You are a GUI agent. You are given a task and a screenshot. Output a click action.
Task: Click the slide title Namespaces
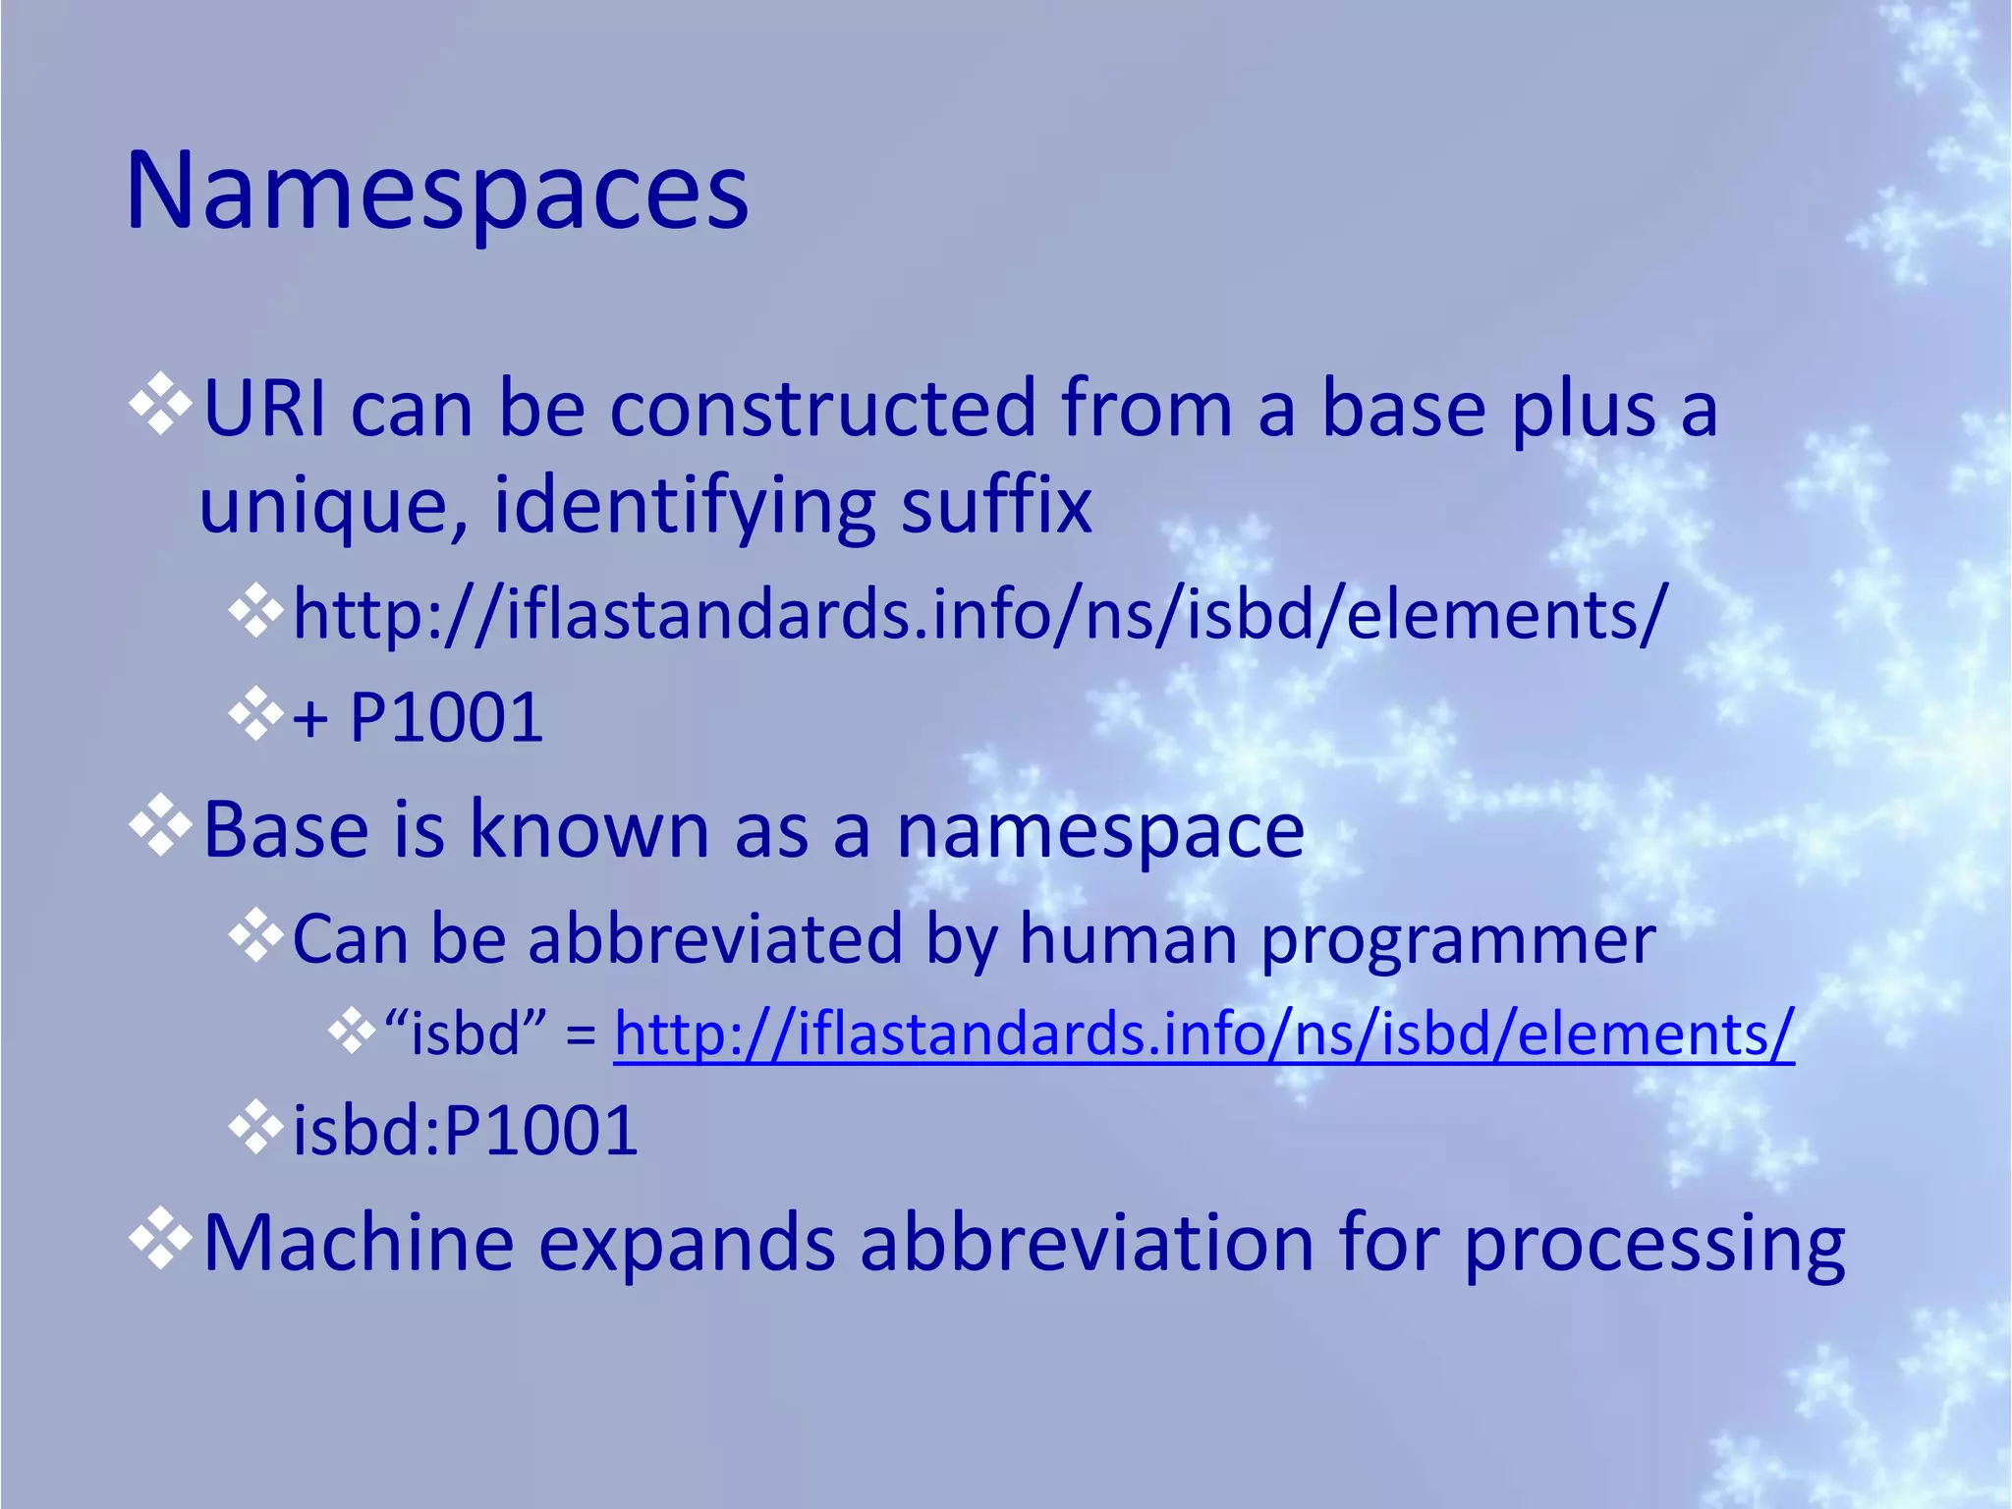click(437, 192)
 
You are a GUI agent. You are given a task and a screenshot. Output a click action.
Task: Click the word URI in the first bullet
click(263, 408)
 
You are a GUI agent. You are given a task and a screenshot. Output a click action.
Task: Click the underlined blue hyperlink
click(1203, 1034)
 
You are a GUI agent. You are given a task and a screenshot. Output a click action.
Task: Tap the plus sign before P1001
click(310, 718)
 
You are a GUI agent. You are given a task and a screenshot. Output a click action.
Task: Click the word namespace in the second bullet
click(1100, 831)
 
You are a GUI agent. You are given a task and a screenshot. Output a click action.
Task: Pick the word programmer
click(1458, 940)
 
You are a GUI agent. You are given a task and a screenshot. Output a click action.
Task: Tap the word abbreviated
click(715, 938)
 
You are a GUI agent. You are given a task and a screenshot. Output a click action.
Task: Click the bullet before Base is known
click(160, 829)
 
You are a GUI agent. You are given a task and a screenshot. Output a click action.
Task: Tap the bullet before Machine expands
click(160, 1242)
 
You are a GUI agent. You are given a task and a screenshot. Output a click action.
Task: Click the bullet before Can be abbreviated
click(255, 936)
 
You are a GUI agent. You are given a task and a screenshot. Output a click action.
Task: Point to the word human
click(1128, 938)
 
